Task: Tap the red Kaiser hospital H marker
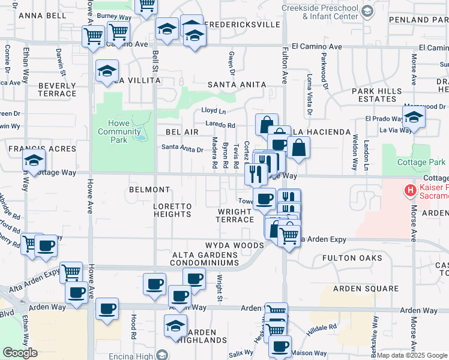(x=411, y=191)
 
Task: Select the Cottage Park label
(x=421, y=162)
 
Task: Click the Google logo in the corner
(x=20, y=352)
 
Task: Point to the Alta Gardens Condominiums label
(x=205, y=259)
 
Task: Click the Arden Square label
(x=374, y=289)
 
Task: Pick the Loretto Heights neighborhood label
(x=172, y=210)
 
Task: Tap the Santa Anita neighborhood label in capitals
(x=236, y=85)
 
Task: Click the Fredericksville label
(x=242, y=25)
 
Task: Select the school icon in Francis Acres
(x=34, y=160)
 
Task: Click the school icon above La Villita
(x=107, y=71)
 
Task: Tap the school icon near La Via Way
(x=414, y=118)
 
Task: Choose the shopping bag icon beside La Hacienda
(x=298, y=146)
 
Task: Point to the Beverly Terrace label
(x=57, y=89)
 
